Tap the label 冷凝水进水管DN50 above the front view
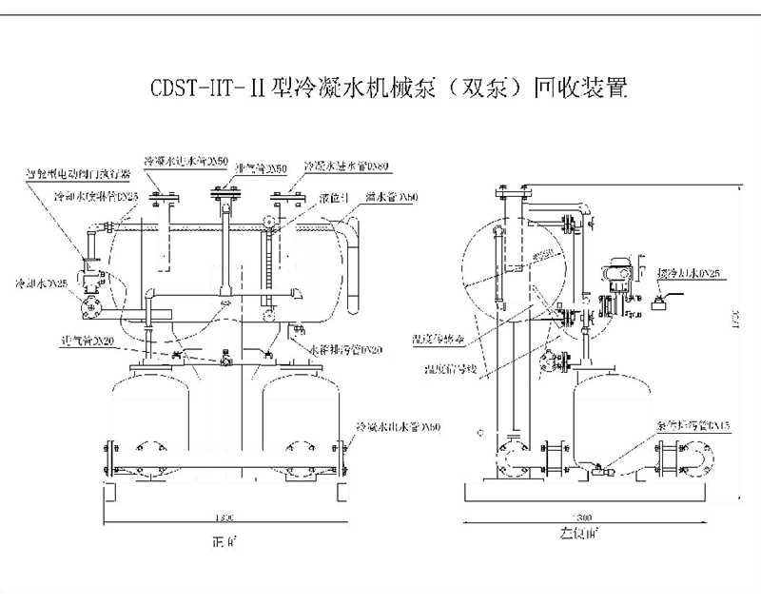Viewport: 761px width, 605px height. pyautogui.click(x=185, y=161)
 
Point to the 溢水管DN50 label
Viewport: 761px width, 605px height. pyautogui.click(x=394, y=198)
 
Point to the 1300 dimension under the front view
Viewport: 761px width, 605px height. pyautogui.click(x=224, y=517)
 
